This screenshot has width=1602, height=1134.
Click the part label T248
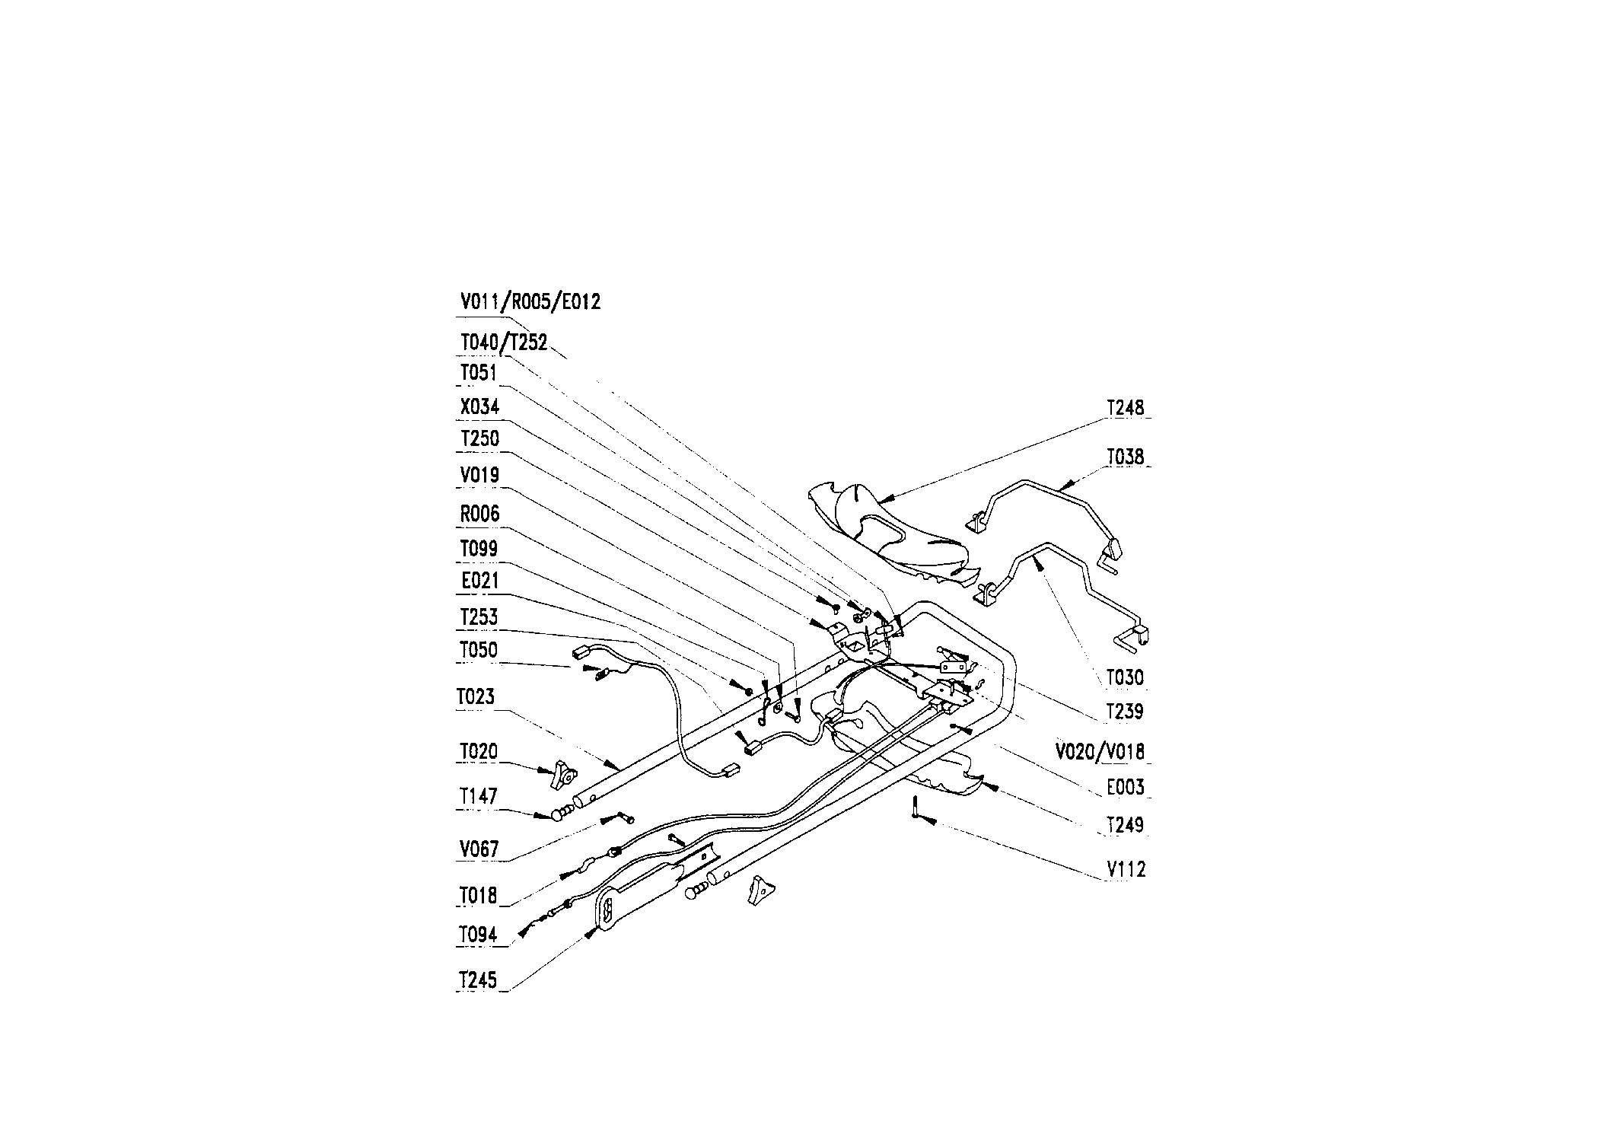(x=1125, y=408)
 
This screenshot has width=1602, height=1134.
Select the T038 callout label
(x=1125, y=457)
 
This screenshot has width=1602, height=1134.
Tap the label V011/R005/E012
(x=530, y=302)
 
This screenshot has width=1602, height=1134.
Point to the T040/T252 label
(x=504, y=343)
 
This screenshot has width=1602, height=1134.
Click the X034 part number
(x=479, y=406)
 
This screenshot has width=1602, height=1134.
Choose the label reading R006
(x=479, y=514)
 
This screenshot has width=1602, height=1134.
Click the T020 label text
(x=479, y=752)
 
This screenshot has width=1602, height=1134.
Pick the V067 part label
(x=479, y=849)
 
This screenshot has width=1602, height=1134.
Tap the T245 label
(x=477, y=980)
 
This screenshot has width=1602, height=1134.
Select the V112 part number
(x=1126, y=869)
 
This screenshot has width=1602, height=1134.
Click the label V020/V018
(x=1100, y=752)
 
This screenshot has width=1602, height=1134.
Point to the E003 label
(x=1126, y=787)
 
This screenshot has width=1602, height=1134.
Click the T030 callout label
(x=1125, y=677)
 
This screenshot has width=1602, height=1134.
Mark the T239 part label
(x=1125, y=712)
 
